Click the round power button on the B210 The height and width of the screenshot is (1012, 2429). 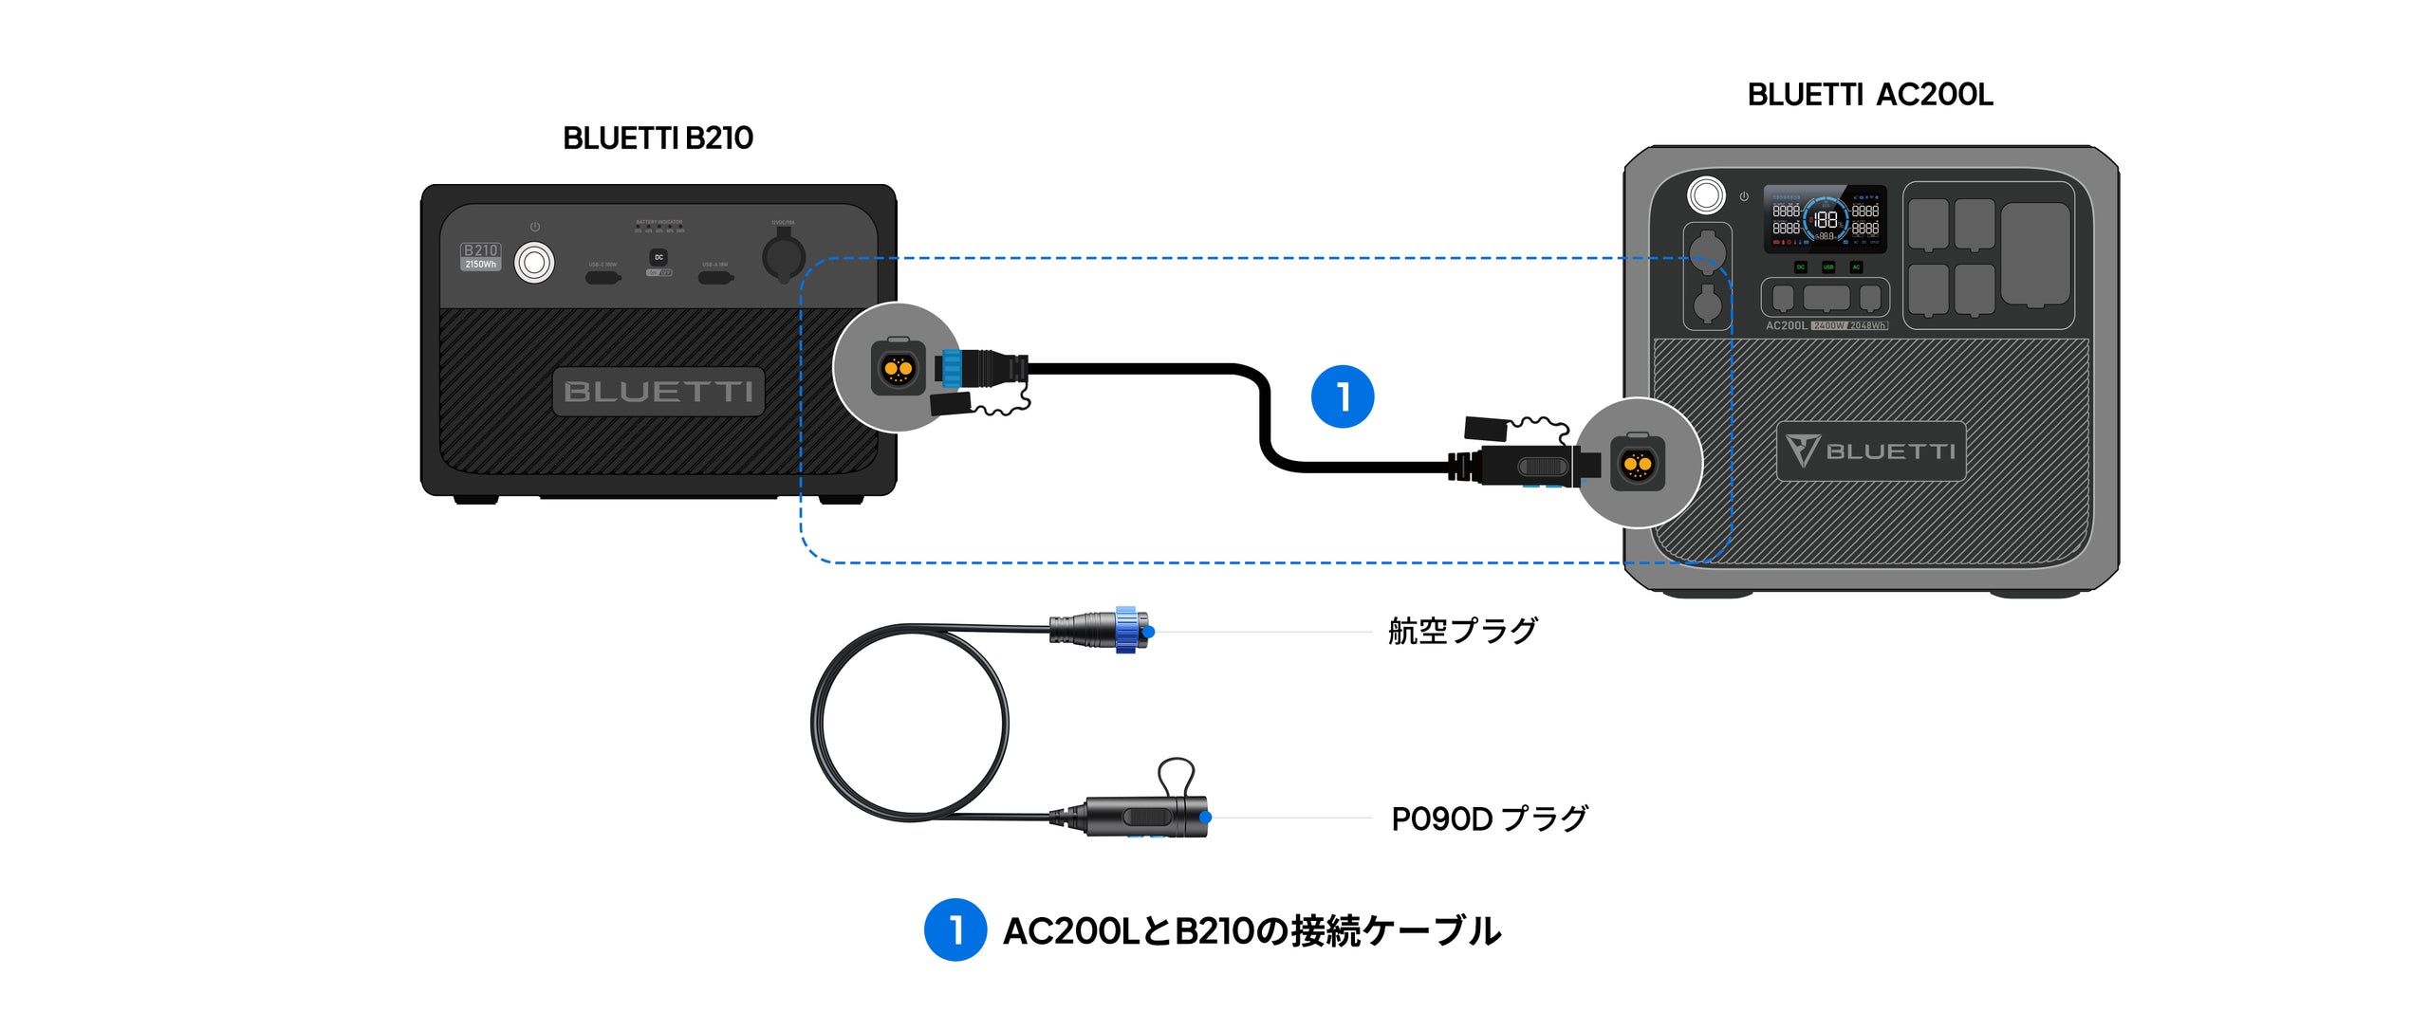tap(534, 263)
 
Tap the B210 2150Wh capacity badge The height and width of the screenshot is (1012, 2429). tap(480, 257)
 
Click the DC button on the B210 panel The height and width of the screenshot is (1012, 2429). tap(658, 257)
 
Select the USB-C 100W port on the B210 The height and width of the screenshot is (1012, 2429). tap(603, 278)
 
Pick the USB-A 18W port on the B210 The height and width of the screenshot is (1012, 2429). tap(715, 278)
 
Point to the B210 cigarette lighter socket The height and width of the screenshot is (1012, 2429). tap(784, 256)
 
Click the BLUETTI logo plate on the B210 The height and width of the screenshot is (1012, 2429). tap(658, 392)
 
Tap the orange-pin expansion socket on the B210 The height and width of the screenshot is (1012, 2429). tap(898, 367)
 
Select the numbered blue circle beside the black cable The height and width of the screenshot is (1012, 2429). tap(1343, 396)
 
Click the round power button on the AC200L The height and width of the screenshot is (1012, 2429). tap(1706, 196)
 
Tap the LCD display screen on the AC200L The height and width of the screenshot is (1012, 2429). tap(1825, 219)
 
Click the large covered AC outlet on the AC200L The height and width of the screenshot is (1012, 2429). tap(2035, 254)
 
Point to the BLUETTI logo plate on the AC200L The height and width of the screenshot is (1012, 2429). tap(1871, 451)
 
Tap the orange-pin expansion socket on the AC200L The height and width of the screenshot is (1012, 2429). tap(1637, 464)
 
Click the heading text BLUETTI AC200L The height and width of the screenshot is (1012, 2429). tap(1870, 95)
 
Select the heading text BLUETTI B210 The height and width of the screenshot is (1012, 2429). tap(658, 138)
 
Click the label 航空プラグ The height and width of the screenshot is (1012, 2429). tap(1462, 631)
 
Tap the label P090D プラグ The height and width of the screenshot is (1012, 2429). tap(1489, 819)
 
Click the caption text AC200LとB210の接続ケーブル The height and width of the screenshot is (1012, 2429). tap(1252, 930)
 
